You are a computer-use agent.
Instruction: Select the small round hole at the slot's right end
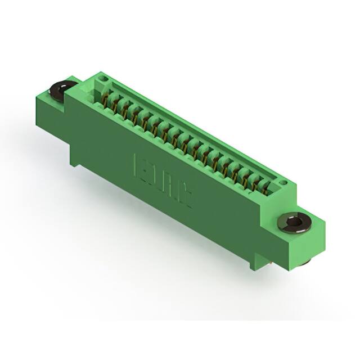point(284,182)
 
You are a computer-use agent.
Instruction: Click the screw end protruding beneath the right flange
point(304,262)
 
